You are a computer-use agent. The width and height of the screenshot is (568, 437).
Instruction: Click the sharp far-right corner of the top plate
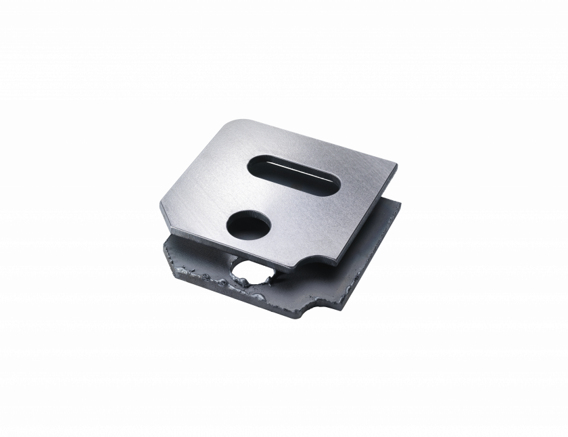click(x=397, y=164)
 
